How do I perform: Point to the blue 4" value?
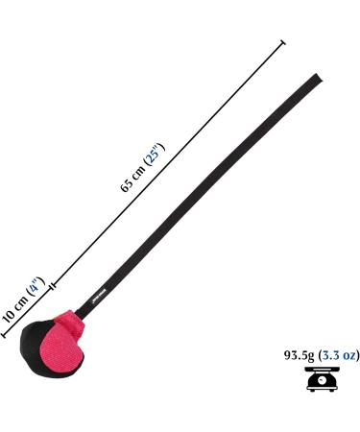(34, 286)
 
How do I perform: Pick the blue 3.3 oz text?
(339, 355)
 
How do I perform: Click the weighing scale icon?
(319, 380)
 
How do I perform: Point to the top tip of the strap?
(316, 76)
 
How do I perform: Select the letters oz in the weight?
(348, 355)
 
